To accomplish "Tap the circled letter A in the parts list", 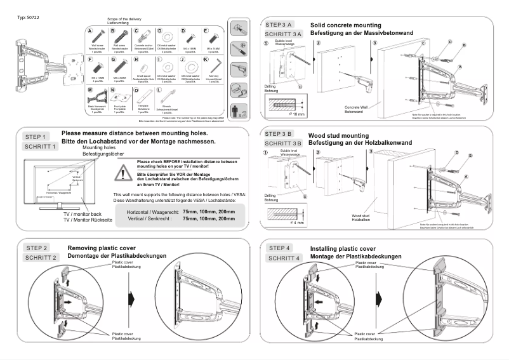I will tap(90, 30).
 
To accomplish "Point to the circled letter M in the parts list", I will tap(90, 90).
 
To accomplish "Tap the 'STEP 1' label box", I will tap(35, 137).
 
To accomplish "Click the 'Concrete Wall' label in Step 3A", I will tap(357, 107).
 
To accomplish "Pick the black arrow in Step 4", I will tap(381, 298).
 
